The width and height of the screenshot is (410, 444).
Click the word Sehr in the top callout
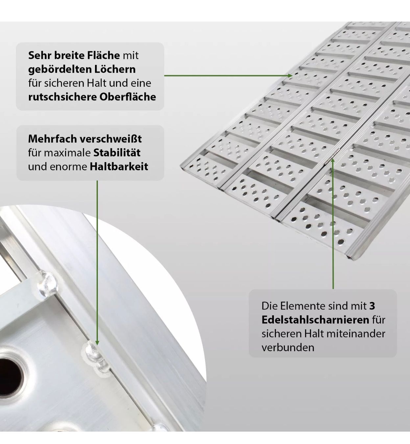[40, 55]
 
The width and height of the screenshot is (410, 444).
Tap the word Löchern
[115, 69]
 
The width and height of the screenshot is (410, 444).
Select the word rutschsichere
[62, 97]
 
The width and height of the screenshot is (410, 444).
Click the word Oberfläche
[128, 97]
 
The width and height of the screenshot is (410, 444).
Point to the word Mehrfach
[53, 139]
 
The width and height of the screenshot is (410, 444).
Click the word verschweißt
[111, 139]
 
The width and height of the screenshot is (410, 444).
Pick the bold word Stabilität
[117, 153]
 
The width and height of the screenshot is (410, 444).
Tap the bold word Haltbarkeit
[119, 166]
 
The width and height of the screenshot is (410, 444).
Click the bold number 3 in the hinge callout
[372, 306]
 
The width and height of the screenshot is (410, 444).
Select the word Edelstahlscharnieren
[315, 320]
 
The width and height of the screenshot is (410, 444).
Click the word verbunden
[288, 348]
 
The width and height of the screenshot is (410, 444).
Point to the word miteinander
[356, 334]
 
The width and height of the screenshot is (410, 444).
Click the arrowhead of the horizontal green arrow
[290, 76]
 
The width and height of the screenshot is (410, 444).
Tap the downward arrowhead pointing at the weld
[97, 343]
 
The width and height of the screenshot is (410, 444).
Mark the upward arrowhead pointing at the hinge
[333, 160]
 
